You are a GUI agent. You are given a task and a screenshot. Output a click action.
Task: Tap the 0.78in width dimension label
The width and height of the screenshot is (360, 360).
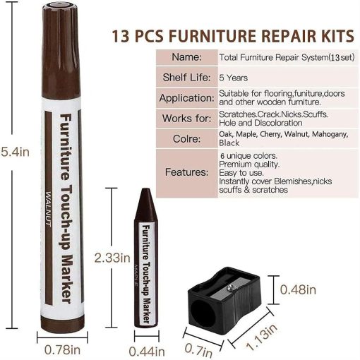pos(64,349)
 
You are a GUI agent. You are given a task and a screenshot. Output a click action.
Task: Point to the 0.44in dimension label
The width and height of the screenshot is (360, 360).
pos(146,349)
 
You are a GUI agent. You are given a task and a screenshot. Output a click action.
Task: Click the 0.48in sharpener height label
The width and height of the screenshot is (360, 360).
pos(296,289)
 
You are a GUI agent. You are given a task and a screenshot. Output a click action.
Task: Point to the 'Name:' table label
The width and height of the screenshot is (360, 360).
pos(186,56)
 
